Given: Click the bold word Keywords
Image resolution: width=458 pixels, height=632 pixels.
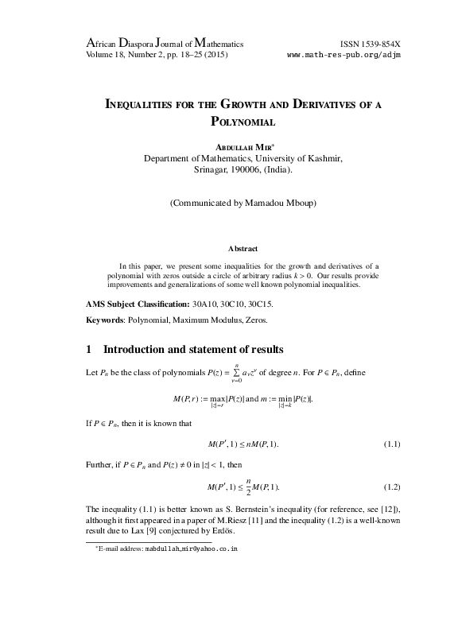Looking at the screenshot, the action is (x=107, y=321).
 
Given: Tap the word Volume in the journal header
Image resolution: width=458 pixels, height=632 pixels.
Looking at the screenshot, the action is (x=100, y=54).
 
